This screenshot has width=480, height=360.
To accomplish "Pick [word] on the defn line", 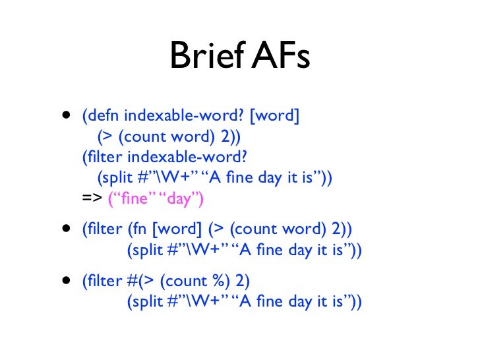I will tap(276, 117).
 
